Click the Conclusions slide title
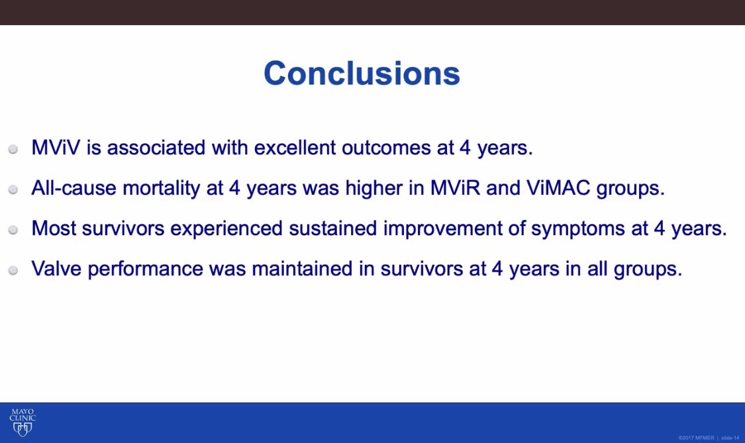[x=362, y=74]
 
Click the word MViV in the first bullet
[x=56, y=148]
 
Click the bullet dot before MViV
[x=13, y=150]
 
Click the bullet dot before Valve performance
[x=13, y=271]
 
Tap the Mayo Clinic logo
[x=23, y=422]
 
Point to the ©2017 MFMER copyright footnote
[x=696, y=438]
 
